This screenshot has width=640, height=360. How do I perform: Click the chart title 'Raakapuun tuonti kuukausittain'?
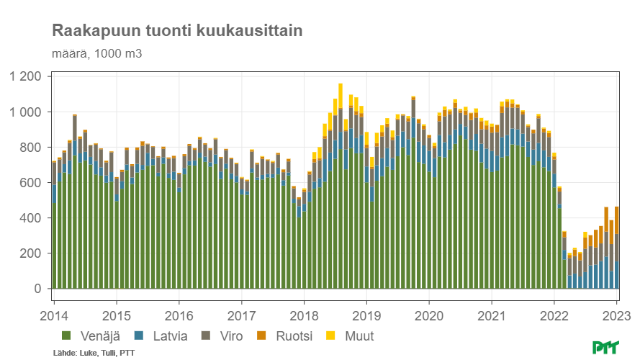tap(176, 31)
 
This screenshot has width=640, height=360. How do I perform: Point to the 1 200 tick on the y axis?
tap(26, 76)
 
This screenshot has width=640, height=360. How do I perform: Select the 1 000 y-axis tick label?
tap(26, 112)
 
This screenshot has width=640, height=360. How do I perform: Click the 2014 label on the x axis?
tap(53, 315)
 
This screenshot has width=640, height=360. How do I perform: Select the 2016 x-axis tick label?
tap(179, 315)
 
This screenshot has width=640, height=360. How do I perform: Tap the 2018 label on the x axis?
tap(304, 315)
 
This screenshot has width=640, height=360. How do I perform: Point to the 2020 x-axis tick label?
tap(429, 315)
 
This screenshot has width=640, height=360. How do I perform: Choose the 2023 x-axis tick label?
tap(617, 315)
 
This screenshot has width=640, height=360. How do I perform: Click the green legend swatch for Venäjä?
tap(67, 336)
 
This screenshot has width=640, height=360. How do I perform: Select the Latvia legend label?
tap(170, 336)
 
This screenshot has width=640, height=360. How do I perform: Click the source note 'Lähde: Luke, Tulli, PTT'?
tap(94, 353)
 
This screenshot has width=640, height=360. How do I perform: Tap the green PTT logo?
tap(607, 348)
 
